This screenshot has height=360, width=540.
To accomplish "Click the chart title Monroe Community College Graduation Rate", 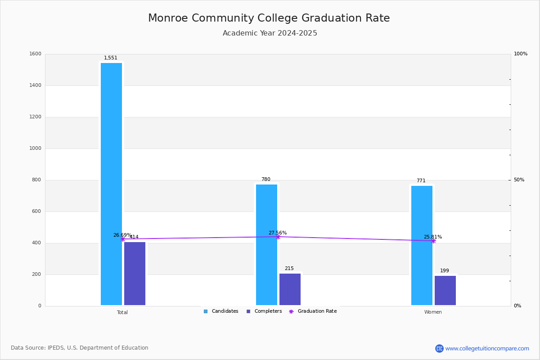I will (x=269, y=18).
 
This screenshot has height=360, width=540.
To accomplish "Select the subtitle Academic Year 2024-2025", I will (x=270, y=33).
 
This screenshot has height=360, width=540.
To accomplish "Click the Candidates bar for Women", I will (x=422, y=245).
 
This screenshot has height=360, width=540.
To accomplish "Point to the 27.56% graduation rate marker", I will (x=278, y=237).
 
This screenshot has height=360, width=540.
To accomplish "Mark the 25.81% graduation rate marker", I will (x=433, y=241).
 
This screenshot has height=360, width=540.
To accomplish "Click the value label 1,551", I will (x=111, y=58).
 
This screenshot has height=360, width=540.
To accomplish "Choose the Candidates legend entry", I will (x=221, y=311).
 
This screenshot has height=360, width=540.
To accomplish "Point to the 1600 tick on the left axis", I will (x=35, y=54).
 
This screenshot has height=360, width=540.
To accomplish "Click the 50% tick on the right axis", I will (x=519, y=180).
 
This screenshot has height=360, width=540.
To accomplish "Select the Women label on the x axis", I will (x=433, y=312).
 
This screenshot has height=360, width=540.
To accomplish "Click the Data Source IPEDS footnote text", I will (x=80, y=348).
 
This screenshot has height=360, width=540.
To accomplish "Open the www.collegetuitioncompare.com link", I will (x=487, y=348).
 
